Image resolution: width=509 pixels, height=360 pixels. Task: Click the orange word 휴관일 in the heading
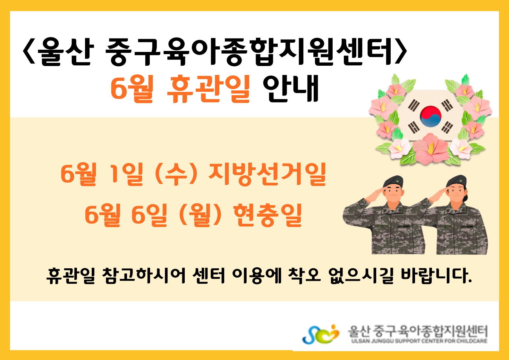point(208,89)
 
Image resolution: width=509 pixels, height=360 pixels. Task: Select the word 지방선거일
point(267,174)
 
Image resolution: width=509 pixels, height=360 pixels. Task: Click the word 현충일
point(267,215)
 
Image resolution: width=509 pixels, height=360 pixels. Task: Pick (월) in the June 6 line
point(200,215)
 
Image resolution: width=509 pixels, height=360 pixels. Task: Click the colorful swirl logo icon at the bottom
point(320,334)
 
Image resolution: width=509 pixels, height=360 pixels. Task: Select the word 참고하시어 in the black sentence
point(144,276)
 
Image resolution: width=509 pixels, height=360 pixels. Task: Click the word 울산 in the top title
point(65,52)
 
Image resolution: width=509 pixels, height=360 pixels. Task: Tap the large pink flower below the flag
point(430,149)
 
